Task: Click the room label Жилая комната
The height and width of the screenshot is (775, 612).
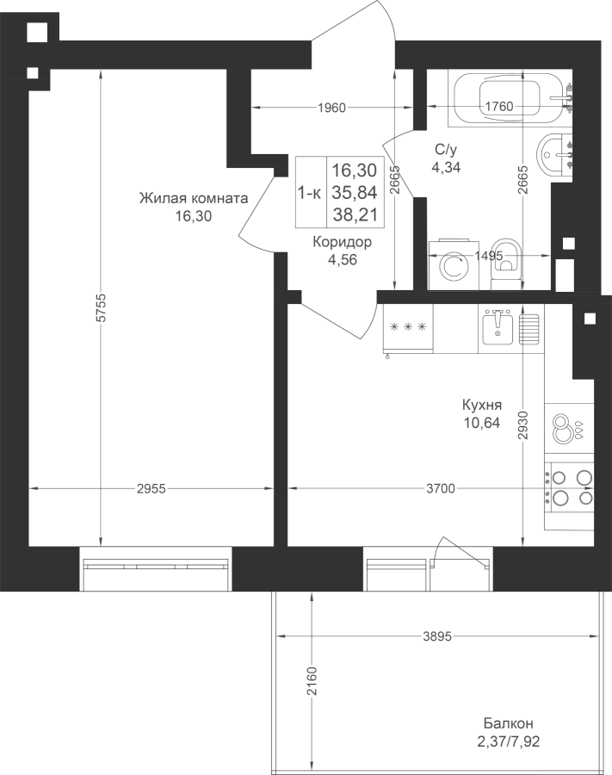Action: (194, 199)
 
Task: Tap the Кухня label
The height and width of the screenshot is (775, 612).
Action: (482, 406)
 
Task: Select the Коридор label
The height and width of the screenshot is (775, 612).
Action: (343, 242)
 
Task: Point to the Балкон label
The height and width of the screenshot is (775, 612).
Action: (508, 724)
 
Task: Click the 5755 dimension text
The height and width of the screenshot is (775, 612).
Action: (101, 308)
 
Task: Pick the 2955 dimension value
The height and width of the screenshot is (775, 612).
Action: (151, 489)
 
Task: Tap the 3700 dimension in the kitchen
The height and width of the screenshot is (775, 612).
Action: (440, 489)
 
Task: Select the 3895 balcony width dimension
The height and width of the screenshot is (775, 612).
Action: (437, 636)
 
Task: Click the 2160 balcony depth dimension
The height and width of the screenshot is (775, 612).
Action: (312, 681)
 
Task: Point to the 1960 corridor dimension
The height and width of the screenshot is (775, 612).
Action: (331, 108)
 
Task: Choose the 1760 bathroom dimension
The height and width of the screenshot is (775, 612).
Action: (499, 106)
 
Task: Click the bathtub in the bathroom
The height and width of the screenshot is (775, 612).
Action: (510, 99)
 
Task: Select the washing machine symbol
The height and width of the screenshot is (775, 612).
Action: (454, 265)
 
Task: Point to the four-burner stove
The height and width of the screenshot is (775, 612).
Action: (569, 486)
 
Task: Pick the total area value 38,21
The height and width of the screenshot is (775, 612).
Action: (355, 215)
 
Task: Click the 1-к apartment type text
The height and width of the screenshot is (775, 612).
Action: (309, 193)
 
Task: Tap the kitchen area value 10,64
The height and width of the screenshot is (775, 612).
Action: (482, 423)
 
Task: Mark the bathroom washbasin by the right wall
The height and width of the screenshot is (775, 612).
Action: (554, 155)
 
